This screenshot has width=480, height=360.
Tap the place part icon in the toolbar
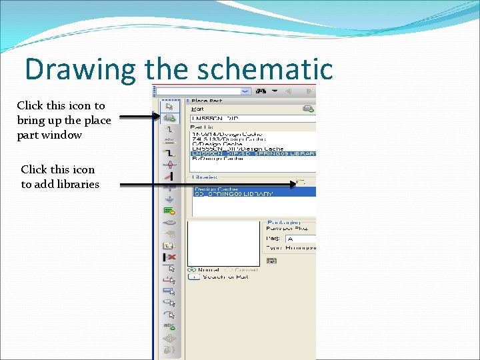(170, 118)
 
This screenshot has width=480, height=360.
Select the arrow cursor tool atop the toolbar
(170, 105)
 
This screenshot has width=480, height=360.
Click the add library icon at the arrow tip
(301, 181)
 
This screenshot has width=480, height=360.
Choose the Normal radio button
(193, 270)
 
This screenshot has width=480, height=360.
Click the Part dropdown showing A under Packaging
(300, 239)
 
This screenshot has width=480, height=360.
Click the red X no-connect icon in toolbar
(170, 257)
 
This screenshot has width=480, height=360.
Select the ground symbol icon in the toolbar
(170, 199)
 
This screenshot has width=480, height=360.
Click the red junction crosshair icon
(170, 164)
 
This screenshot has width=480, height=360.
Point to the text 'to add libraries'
(60, 185)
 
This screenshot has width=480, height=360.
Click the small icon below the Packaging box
(271, 261)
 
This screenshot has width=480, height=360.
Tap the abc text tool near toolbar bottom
(170, 326)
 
